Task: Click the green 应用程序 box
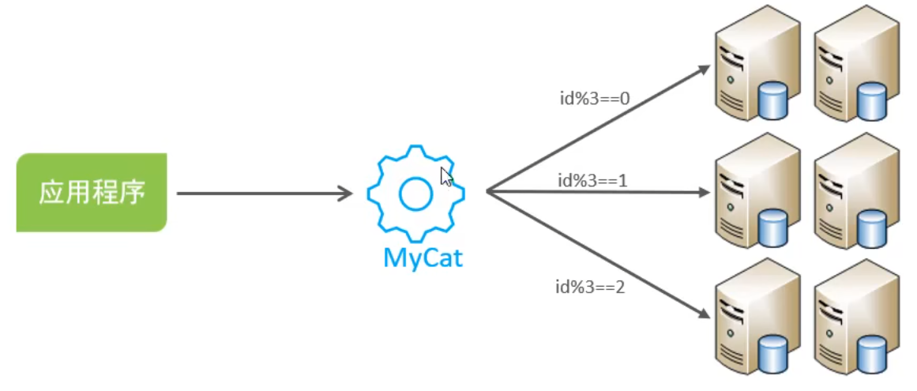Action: tap(91, 193)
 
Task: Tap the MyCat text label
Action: tap(423, 258)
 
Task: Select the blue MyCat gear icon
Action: tap(415, 194)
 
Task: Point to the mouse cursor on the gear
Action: tap(446, 176)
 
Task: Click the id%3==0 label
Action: tap(591, 100)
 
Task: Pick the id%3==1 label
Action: tap(592, 180)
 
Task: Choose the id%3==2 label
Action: tap(590, 287)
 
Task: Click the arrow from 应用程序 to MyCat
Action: tap(265, 193)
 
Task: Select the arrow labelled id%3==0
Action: tap(600, 127)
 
